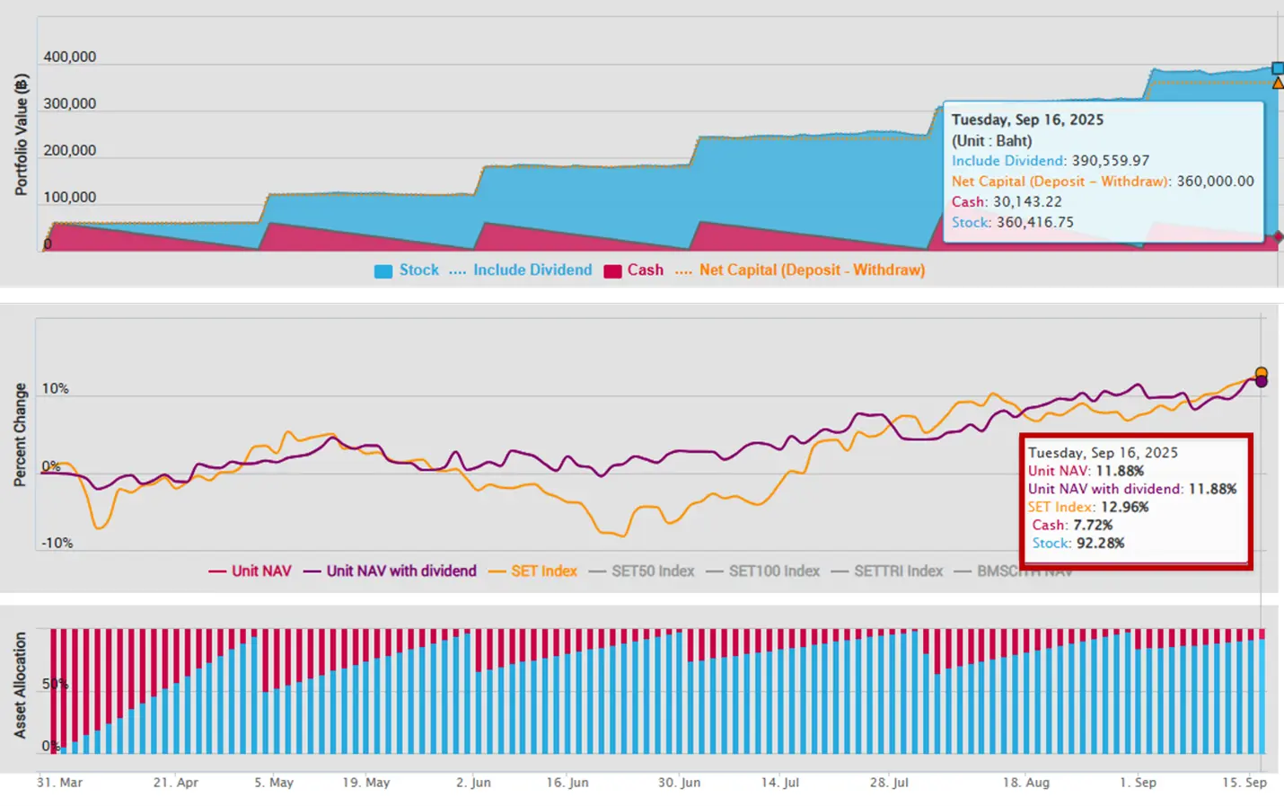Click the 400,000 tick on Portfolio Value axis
click(x=69, y=57)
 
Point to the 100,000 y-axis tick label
click(x=69, y=197)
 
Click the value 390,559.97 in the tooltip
click(x=1110, y=161)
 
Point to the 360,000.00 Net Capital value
click(x=1215, y=181)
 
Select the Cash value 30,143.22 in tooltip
click(x=1027, y=201)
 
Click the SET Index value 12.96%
click(x=1124, y=507)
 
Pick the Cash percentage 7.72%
click(x=1093, y=525)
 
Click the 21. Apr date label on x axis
click(x=175, y=783)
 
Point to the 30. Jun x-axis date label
click(x=679, y=783)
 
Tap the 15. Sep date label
click(x=1244, y=783)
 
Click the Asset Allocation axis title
click(x=20, y=685)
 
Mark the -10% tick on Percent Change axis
click(x=56, y=543)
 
